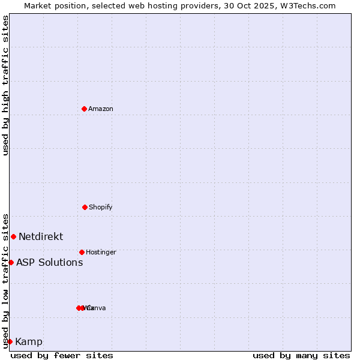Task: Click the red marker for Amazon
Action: pyautogui.click(x=84, y=109)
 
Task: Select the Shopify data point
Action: pyautogui.click(x=85, y=207)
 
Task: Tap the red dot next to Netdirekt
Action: pyautogui.click(x=13, y=236)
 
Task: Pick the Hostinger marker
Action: pyautogui.click(x=82, y=252)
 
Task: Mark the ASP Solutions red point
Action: pyautogui.click(x=11, y=262)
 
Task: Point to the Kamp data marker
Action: pyautogui.click(x=10, y=341)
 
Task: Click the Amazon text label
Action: pyautogui.click(x=101, y=109)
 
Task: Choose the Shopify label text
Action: pyautogui.click(x=101, y=207)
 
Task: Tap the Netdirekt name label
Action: pyautogui.click(x=41, y=236)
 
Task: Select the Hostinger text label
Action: pyautogui.click(x=101, y=252)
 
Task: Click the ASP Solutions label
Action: pyautogui.click(x=49, y=262)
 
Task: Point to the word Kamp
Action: pyautogui.click(x=29, y=342)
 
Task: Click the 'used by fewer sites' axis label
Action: pyautogui.click(x=62, y=355)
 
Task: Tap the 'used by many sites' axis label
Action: pyautogui.click(x=301, y=355)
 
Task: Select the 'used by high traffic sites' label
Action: pyautogui.click(x=5, y=85)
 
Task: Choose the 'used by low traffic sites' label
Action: pyautogui.click(x=5, y=280)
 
